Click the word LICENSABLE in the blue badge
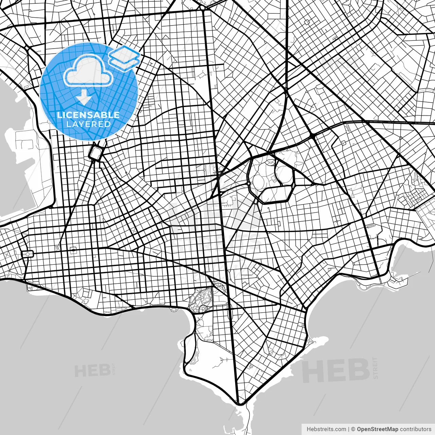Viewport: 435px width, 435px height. tap(88, 115)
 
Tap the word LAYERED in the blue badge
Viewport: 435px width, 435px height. tap(88, 124)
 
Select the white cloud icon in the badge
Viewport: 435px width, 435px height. tap(88, 70)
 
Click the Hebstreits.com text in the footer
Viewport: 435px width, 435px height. tap(326, 429)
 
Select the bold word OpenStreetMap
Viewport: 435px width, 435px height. tap(377, 429)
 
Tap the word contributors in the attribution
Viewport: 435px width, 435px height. tap(416, 429)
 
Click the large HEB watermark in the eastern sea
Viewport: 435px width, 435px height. tap(335, 370)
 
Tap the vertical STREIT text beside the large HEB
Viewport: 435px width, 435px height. tap(375, 368)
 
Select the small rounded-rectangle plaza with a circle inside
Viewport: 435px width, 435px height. tap(27, 254)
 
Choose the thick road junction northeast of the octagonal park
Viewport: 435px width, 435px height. tap(312, 136)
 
